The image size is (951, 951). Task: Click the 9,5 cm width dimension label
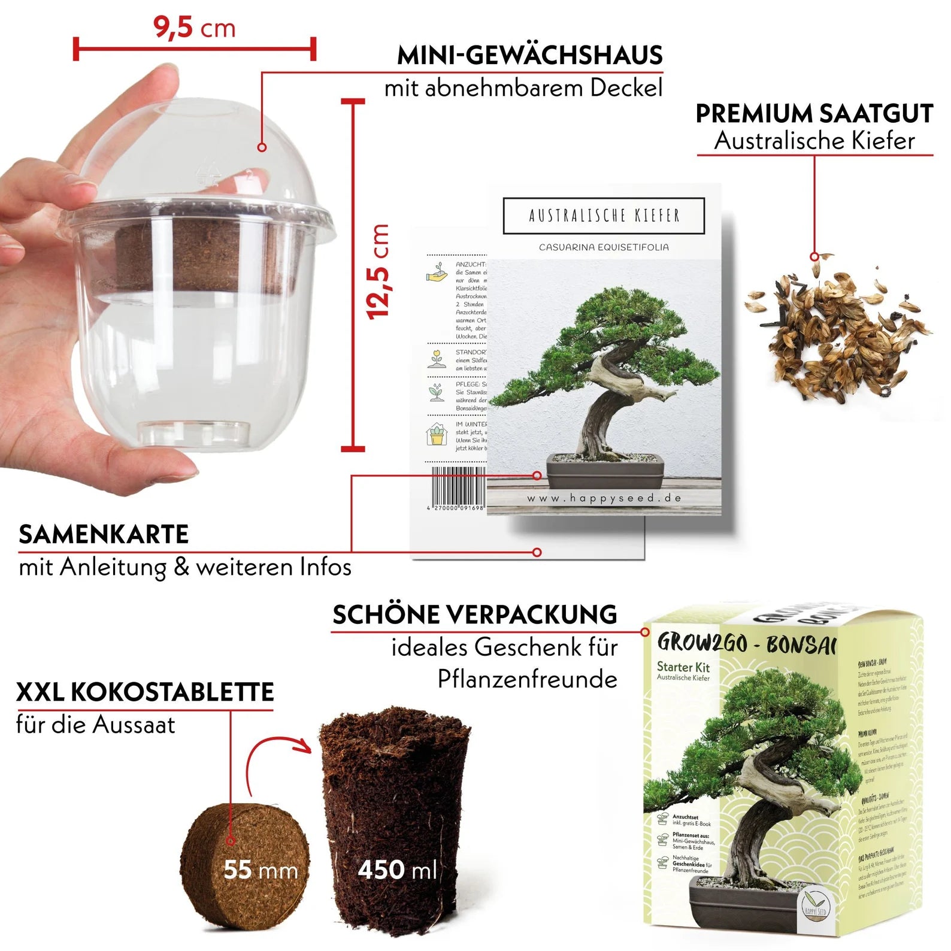pyautogui.click(x=194, y=28)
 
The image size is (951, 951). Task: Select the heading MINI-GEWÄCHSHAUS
pyautogui.click(x=529, y=56)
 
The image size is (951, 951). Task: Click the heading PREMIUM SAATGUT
pyautogui.click(x=814, y=113)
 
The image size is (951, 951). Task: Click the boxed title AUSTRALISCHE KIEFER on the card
pyautogui.click(x=604, y=216)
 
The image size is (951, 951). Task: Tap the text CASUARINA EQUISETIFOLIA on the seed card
pyautogui.click(x=604, y=247)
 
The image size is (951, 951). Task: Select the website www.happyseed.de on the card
pyautogui.click(x=604, y=498)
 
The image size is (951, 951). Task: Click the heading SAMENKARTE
pyautogui.click(x=104, y=534)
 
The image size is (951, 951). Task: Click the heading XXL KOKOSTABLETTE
pyautogui.click(x=144, y=692)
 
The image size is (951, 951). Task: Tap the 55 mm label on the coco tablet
pyautogui.click(x=260, y=870)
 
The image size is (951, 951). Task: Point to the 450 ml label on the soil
pyautogui.click(x=397, y=870)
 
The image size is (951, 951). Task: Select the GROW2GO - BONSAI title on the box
pyautogui.click(x=746, y=643)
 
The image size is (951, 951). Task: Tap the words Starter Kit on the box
pyautogui.click(x=683, y=667)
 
